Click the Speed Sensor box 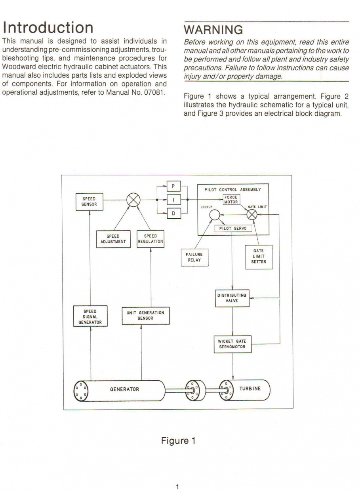click(90, 202)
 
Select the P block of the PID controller click(174, 186)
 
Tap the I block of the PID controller click(174, 200)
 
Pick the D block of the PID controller click(174, 213)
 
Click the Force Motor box click(231, 200)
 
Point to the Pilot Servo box click(233, 229)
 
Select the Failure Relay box click(194, 257)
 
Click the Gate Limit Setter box click(259, 257)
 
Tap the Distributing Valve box click(232, 298)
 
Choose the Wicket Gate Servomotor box click(232, 344)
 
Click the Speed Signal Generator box click(90, 316)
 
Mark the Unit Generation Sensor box click(146, 315)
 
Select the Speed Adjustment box click(113, 239)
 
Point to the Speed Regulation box click(150, 239)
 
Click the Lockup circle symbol click(215, 215)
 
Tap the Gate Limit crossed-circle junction click(252, 214)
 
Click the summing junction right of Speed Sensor click(133, 200)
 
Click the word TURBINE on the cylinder click(250, 389)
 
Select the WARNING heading click(213, 30)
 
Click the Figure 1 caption click(178, 441)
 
